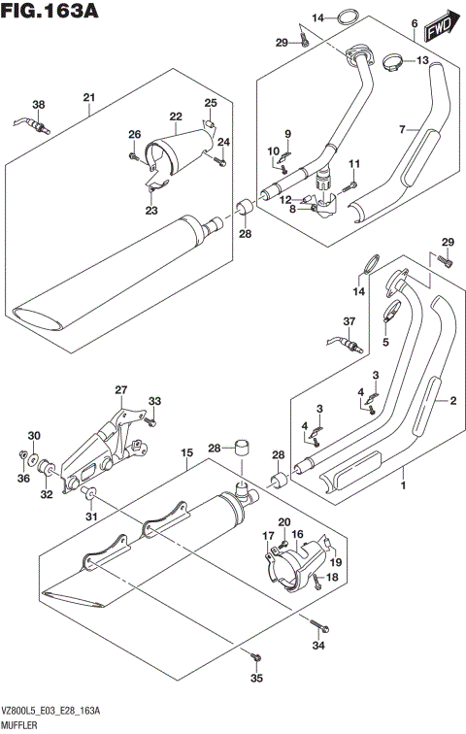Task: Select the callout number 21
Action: tap(88, 96)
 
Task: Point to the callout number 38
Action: tap(38, 105)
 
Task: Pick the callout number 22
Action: tap(176, 117)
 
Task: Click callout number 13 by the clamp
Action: tap(422, 61)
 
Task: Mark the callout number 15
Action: tap(184, 453)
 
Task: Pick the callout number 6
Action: tap(415, 23)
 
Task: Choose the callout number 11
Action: tap(354, 163)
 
